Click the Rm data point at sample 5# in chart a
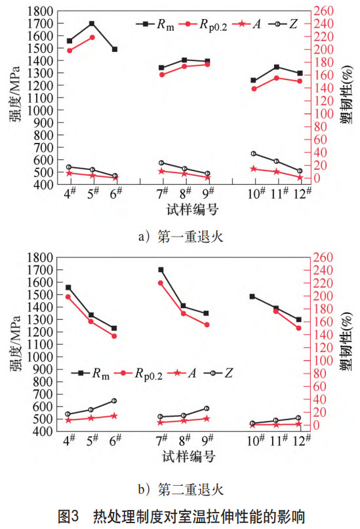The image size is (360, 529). pyautogui.click(x=92, y=24)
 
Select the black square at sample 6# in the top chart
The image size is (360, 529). pyautogui.click(x=115, y=49)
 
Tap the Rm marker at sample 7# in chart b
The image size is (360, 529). pyautogui.click(x=161, y=269)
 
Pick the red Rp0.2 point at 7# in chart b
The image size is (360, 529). pyautogui.click(x=161, y=283)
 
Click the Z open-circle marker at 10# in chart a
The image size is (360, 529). pyautogui.click(x=253, y=153)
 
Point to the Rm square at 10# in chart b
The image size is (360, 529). pyautogui.click(x=253, y=296)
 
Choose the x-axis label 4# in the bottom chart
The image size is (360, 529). pyautogui.click(x=68, y=441)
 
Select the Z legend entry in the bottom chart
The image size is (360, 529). pyautogui.click(x=223, y=373)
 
